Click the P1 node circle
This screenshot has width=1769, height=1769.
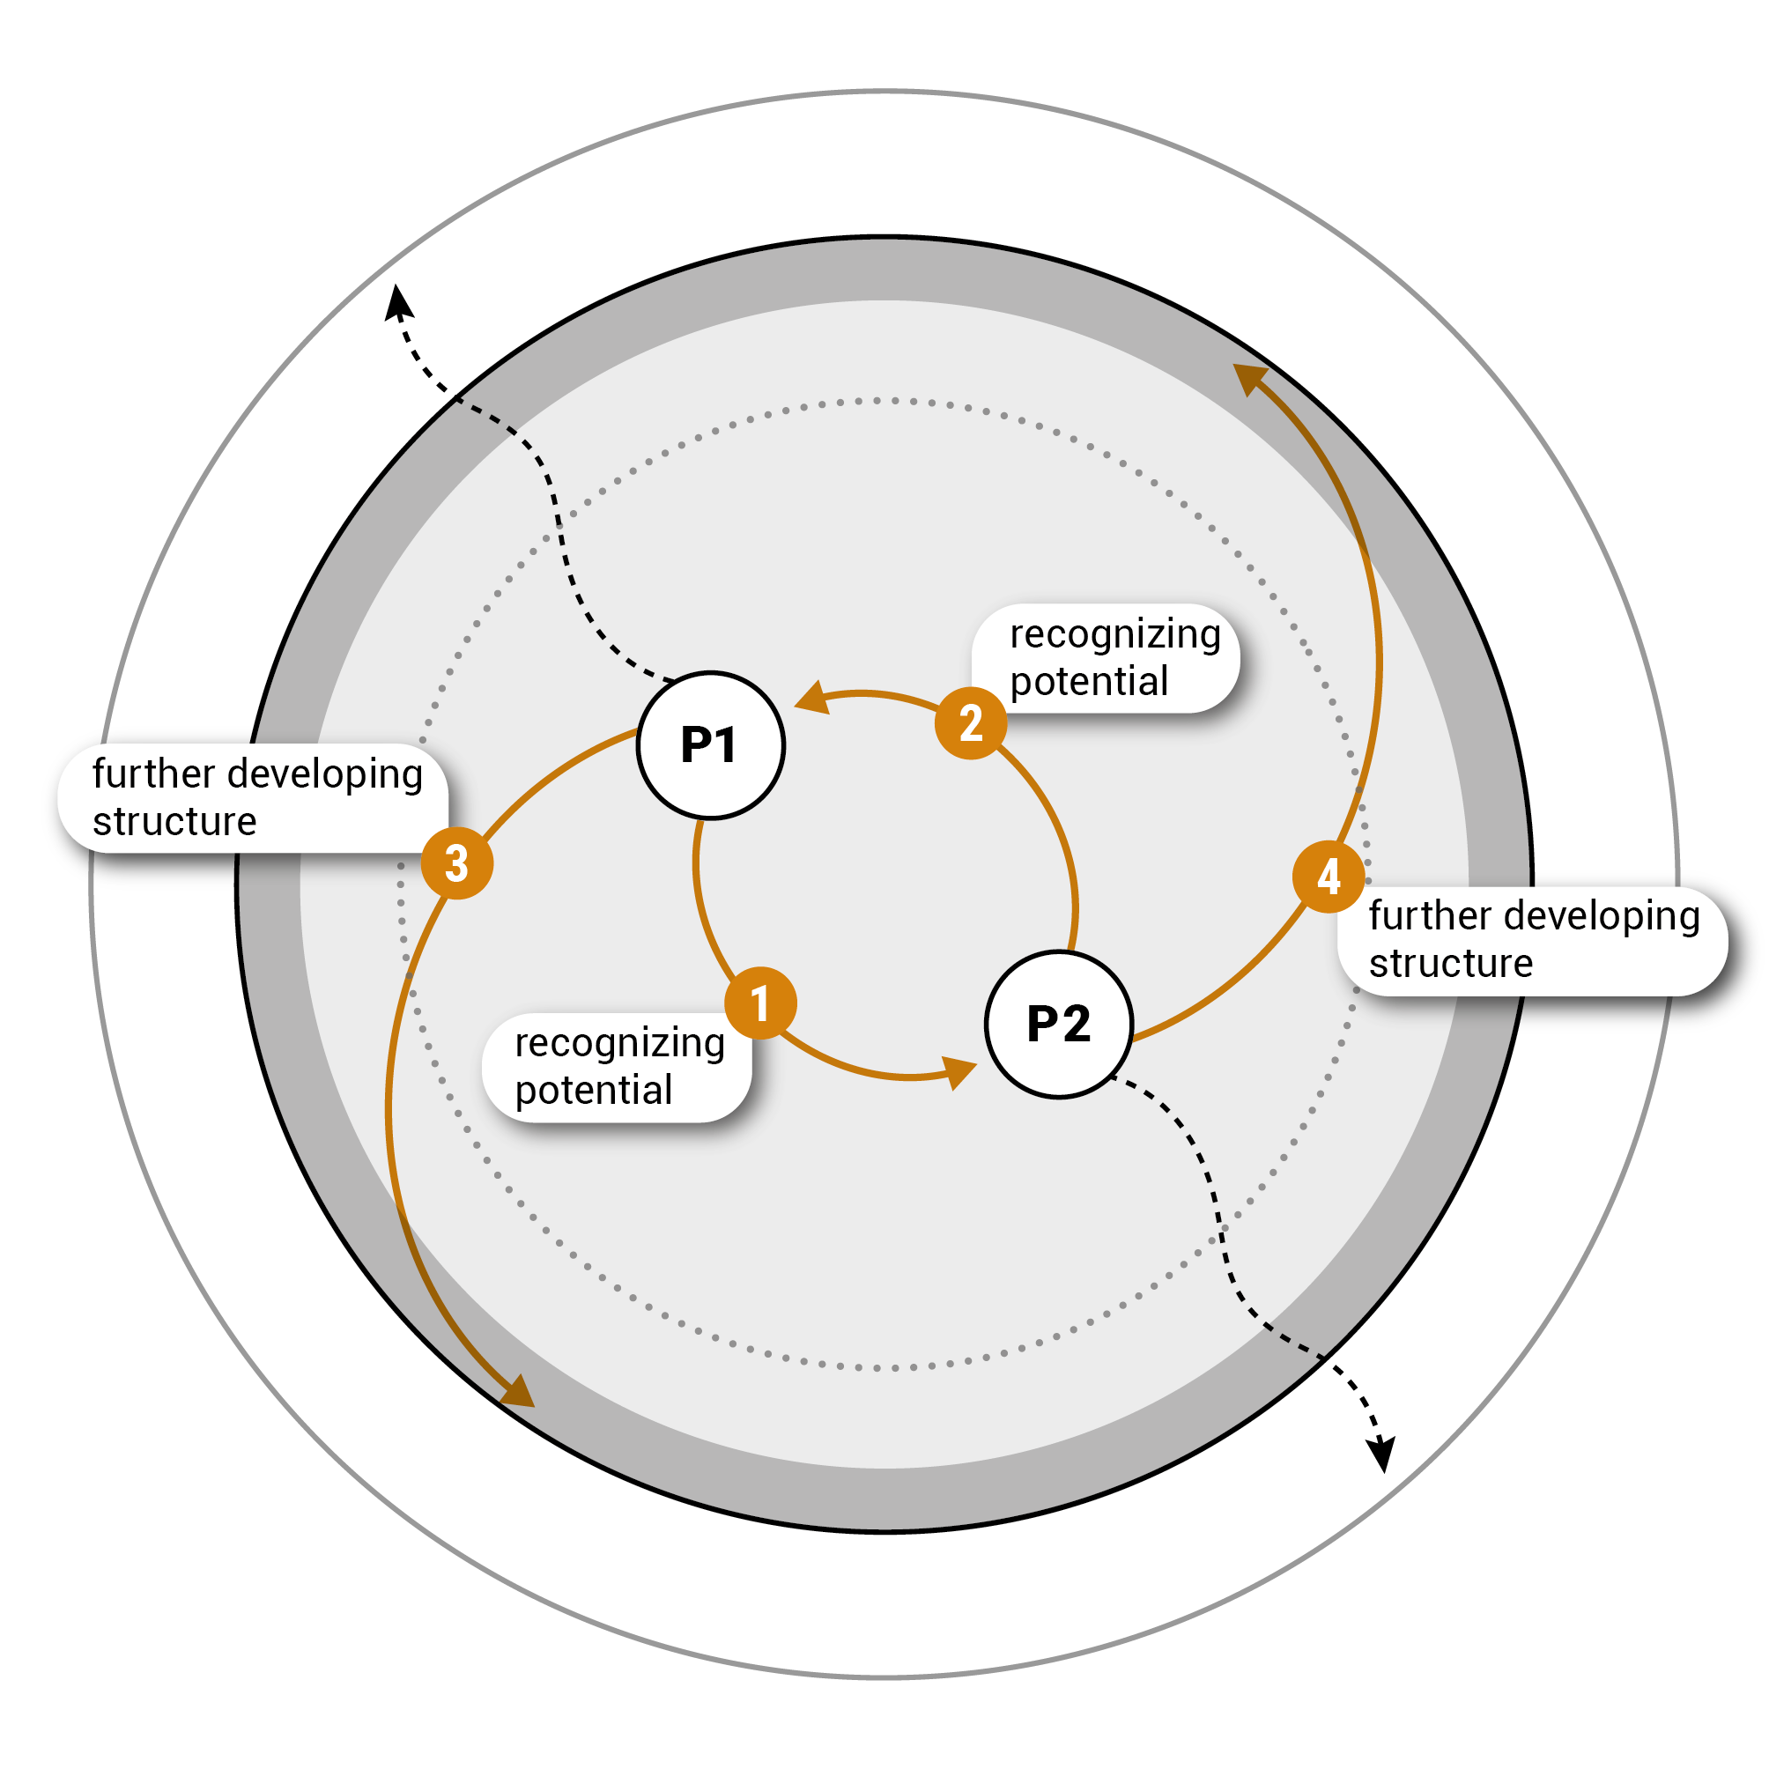point(711,745)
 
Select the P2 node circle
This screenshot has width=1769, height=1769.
point(1060,1024)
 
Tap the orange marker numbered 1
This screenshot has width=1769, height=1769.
point(760,1003)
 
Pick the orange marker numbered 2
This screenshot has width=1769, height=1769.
point(971,723)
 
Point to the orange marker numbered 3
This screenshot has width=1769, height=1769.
point(457,863)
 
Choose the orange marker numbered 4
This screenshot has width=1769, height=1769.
point(1329,877)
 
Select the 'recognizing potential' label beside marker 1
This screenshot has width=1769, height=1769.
point(618,1068)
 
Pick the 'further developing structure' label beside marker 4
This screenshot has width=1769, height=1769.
point(1533,940)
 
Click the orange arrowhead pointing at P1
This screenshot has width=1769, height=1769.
point(811,698)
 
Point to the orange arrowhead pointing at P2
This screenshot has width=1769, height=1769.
point(958,1070)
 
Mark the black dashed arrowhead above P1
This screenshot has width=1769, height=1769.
point(397,301)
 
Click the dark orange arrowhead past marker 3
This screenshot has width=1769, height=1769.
point(518,1391)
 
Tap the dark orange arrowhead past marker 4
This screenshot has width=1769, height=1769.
point(1249,377)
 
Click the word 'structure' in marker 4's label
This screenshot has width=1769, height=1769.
point(1450,964)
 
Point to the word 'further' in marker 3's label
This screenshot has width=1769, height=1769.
point(153,774)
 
